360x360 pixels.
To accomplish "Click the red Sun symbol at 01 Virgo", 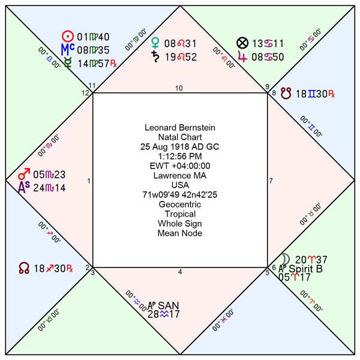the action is (69, 37).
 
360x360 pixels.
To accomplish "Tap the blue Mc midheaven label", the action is (68, 49).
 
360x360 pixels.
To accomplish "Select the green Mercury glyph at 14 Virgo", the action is (68, 62).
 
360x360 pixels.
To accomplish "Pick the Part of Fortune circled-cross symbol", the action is (242, 43).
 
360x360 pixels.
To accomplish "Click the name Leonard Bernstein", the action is (179, 127).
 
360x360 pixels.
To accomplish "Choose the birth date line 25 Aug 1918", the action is (179, 146).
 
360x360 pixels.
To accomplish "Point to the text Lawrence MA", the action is (179, 175).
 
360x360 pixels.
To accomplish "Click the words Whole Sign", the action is (179, 223).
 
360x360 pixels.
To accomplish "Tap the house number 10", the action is (179, 88).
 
